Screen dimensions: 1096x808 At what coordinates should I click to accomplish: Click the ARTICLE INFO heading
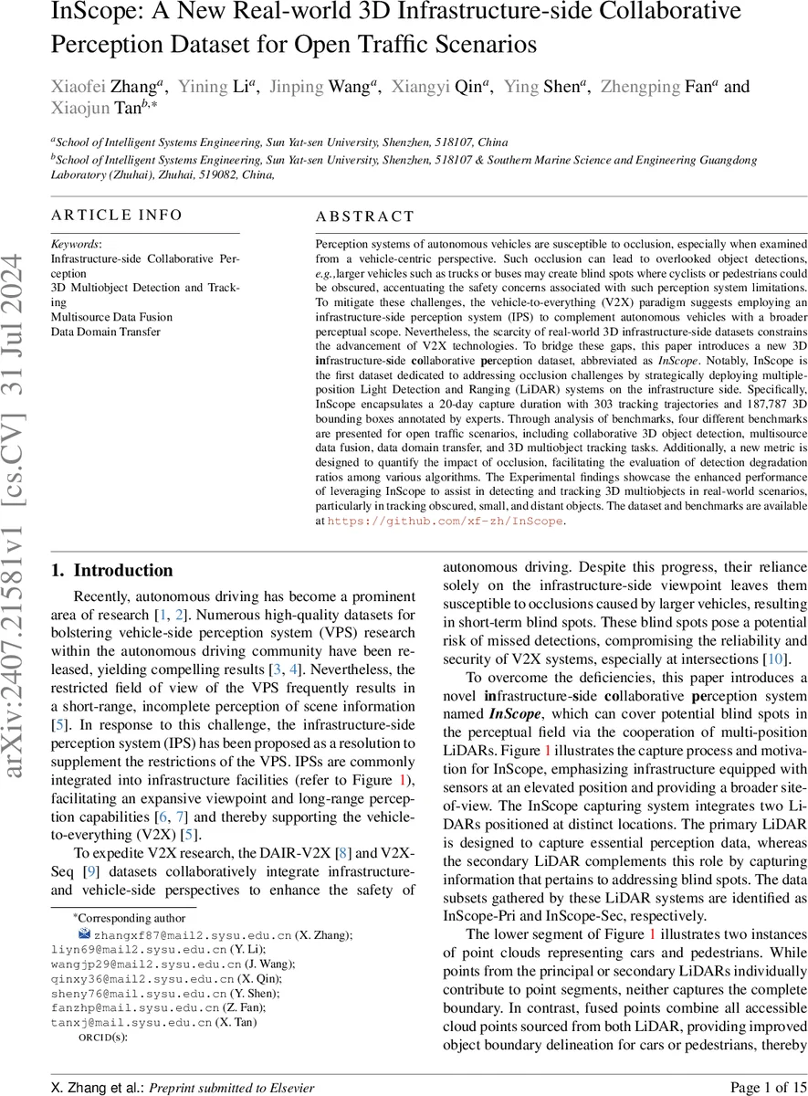pos(117,216)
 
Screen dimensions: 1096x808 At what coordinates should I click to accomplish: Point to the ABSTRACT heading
pos(364,217)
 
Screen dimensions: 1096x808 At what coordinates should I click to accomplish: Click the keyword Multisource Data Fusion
pos(111,317)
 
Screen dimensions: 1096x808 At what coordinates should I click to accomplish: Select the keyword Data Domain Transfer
pos(106,332)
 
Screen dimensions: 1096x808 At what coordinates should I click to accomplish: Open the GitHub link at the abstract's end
pos(445,522)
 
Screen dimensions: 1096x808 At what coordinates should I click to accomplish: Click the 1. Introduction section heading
pos(111,571)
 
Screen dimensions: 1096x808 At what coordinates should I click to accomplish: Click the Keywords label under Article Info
pos(77,245)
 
